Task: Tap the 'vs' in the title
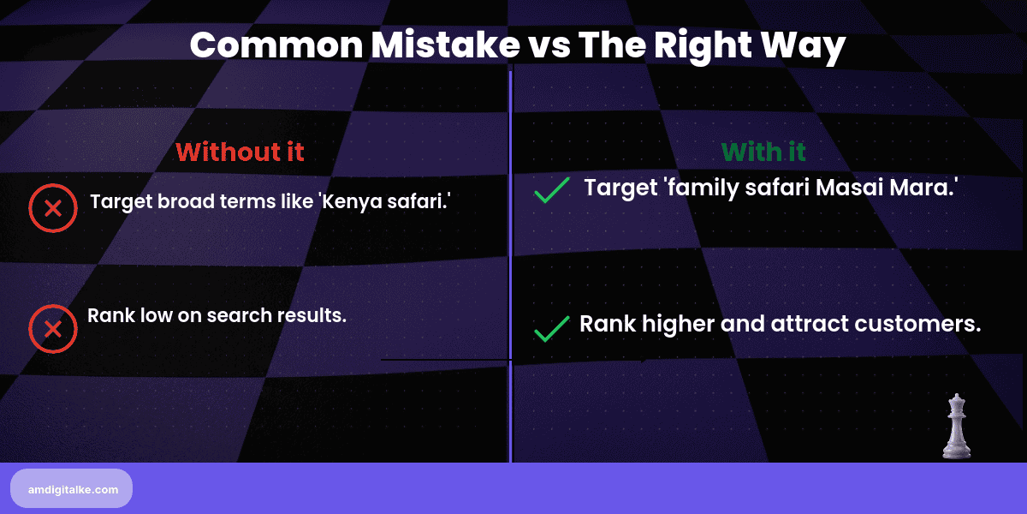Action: coord(543,45)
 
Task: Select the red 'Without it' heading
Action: coord(240,152)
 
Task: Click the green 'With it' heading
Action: coord(763,152)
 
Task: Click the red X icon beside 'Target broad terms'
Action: coord(53,208)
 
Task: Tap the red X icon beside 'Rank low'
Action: coord(53,328)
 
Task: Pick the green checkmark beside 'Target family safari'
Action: coord(552,190)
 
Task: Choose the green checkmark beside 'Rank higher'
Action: coord(552,328)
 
